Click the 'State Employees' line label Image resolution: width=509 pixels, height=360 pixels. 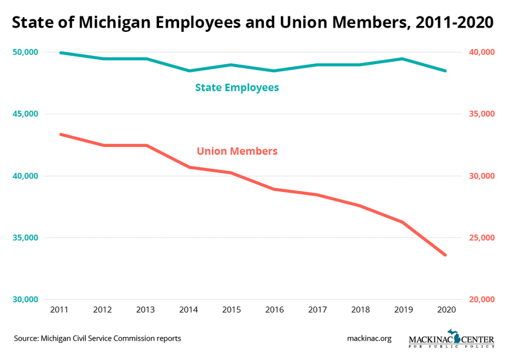coord(237,88)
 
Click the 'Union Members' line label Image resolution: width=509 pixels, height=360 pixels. coord(237,151)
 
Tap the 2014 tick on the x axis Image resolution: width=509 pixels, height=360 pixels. coord(189,309)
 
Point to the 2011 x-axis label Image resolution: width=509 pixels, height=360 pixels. coord(60,309)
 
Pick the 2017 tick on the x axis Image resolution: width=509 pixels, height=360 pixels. coord(317,309)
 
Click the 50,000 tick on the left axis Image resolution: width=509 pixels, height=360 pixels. coord(25,52)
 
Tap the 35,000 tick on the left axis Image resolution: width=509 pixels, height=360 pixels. coord(25,238)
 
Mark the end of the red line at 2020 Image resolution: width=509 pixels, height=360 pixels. coord(445,255)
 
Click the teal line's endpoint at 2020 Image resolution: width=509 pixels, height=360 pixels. coord(445,71)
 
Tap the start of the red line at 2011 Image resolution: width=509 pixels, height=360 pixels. coord(61,134)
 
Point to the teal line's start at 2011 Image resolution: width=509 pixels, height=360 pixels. coord(61,52)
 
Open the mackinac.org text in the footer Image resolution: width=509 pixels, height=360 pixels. coord(369,338)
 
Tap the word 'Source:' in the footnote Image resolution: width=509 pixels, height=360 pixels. coord(25,338)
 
